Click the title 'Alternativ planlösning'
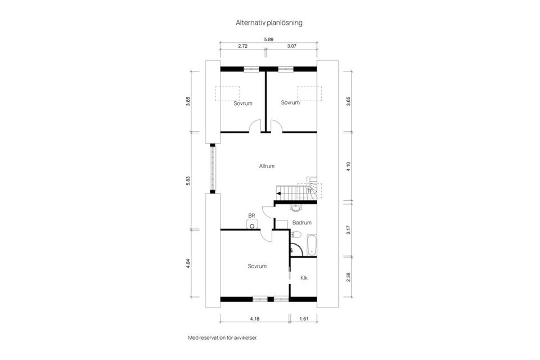(269, 23)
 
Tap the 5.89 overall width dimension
(269, 39)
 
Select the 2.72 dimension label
(243, 46)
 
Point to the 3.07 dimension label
(292, 46)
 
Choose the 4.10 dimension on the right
(349, 166)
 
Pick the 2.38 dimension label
(349, 277)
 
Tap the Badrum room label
(302, 223)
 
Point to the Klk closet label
(304, 278)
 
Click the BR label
(251, 215)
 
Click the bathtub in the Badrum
(312, 245)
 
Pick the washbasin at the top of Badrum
(295, 207)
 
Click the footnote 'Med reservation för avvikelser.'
(226, 338)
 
